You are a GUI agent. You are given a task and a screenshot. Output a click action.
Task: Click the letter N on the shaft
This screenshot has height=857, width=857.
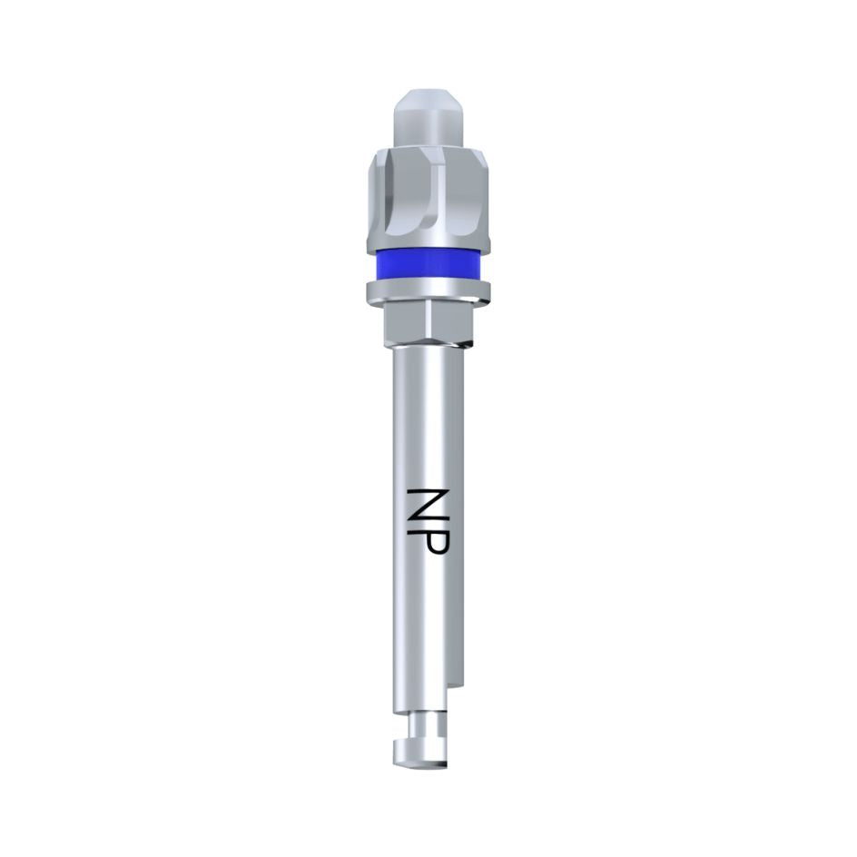(425, 504)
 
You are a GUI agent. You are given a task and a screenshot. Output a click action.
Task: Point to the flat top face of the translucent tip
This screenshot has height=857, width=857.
(428, 93)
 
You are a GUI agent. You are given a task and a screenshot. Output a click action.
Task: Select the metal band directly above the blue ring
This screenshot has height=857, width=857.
(428, 243)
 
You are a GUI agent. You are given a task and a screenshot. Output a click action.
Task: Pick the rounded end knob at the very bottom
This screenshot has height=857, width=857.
(419, 753)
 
